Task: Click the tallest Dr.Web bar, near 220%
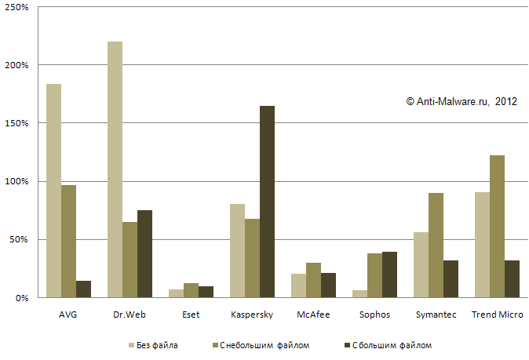tap(115, 169)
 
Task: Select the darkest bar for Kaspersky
tap(268, 202)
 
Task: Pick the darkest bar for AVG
tap(84, 289)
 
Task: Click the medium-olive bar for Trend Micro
tap(497, 226)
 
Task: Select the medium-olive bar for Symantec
tap(436, 245)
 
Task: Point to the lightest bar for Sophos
tap(359, 294)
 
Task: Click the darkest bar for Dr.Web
tap(145, 253)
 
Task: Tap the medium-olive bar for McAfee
tap(313, 280)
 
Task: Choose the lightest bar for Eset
tap(176, 293)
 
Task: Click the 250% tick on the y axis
tap(17, 7)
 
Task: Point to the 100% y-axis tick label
tap(17, 181)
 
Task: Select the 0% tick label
tap(21, 298)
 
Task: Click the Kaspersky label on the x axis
tap(252, 315)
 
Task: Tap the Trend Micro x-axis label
tap(497, 315)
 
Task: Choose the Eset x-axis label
tap(191, 315)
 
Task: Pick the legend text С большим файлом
tap(392, 345)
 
